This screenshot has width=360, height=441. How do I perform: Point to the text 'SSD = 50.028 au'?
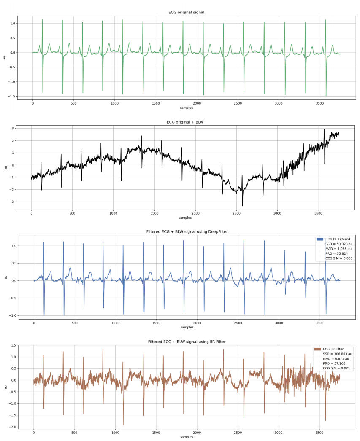click(338, 244)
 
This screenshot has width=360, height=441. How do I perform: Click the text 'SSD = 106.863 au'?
click(337, 354)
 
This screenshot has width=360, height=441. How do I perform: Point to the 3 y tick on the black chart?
click(14, 128)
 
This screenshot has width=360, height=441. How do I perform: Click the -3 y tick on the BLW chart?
click(13, 202)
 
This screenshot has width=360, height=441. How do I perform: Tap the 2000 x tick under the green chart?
click(197, 103)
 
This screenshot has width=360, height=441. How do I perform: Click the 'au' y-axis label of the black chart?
click(5, 167)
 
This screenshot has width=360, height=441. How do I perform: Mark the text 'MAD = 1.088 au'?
click(337, 249)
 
